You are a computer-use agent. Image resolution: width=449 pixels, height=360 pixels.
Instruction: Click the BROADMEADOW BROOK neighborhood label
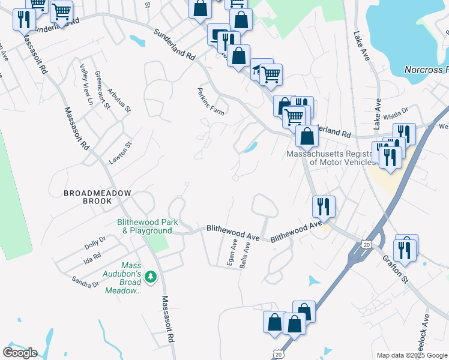point(88,197)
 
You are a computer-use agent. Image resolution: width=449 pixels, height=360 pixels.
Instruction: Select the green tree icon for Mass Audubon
point(151,276)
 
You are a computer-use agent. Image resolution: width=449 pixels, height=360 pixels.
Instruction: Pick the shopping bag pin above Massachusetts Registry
point(307,136)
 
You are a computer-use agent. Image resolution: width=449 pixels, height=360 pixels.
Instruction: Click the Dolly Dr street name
point(95,242)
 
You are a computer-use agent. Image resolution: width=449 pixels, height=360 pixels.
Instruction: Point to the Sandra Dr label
point(85,280)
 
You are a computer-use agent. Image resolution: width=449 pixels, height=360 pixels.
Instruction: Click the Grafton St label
point(396,269)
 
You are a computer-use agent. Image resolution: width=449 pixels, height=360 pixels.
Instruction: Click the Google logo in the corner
point(20,353)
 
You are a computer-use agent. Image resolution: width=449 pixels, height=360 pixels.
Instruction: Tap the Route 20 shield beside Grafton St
point(367,244)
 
